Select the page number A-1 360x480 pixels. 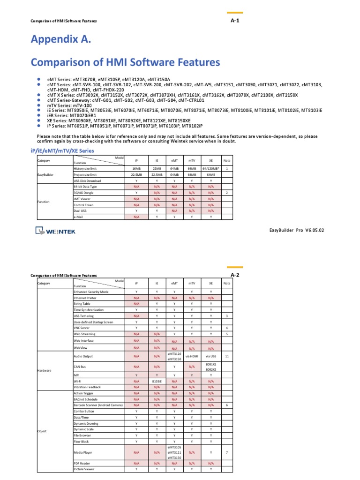235,21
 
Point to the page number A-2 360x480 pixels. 235,275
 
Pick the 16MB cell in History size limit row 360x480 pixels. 136,168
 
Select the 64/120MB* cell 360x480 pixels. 210,168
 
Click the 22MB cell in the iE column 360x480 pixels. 157,168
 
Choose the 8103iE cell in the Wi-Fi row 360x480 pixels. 157,382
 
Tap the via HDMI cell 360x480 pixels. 192,357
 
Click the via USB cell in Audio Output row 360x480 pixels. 210,357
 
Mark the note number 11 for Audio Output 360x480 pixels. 227,357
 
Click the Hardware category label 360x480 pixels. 45,370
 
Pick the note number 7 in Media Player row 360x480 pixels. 227,453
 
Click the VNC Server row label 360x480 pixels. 82,328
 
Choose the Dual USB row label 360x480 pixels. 81,211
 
